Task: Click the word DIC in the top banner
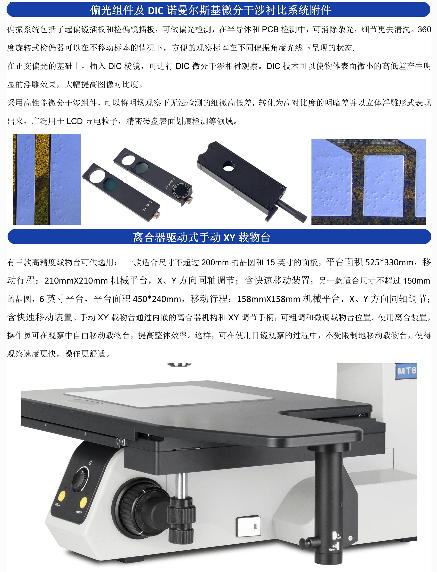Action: (156, 10)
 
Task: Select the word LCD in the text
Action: (75, 121)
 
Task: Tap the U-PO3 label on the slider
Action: (146, 208)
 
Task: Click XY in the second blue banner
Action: (229, 238)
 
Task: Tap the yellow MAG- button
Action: (61, 496)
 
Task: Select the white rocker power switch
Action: (249, 526)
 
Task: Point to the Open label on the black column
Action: (332, 549)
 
